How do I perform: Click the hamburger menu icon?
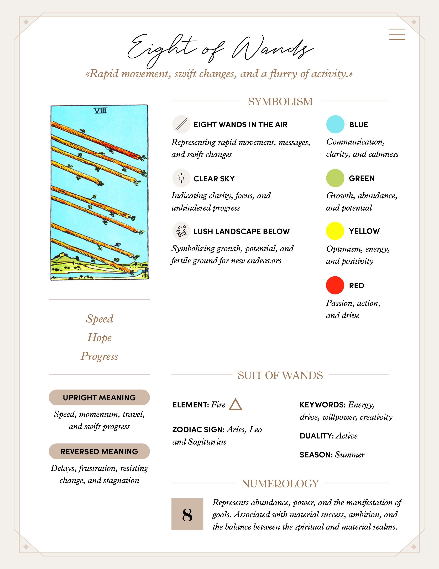397,34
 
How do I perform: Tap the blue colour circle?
335,124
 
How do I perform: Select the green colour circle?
335,178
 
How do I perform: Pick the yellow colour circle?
335,231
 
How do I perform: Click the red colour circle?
335,285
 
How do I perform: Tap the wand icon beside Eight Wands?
181,124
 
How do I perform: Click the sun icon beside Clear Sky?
181,178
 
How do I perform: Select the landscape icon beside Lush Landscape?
181,231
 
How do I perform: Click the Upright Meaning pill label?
99,398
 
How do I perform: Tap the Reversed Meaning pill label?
99,452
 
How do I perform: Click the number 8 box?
187,514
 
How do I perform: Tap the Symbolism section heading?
280,101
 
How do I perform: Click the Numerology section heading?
280,483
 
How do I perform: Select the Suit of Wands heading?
280,375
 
